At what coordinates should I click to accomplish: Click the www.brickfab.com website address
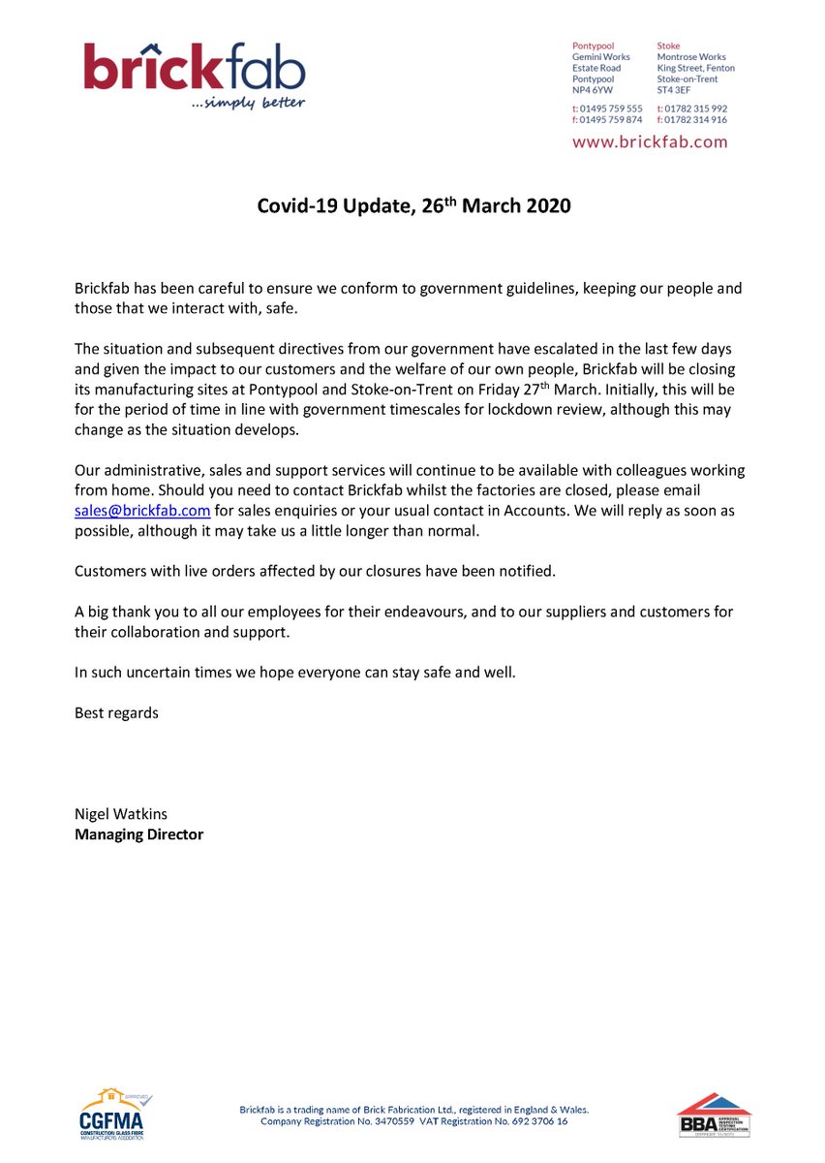[650, 141]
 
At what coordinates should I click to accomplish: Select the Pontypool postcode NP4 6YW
[593, 90]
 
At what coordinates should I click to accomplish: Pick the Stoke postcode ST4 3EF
[674, 90]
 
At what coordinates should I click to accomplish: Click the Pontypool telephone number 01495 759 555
[611, 109]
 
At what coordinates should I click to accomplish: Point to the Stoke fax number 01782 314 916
[696, 120]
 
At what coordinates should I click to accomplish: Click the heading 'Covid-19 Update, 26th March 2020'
[413, 206]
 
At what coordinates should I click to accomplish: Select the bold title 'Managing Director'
[139, 833]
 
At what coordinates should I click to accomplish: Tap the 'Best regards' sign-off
[116, 712]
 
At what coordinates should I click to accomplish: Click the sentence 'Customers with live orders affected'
[315, 571]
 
